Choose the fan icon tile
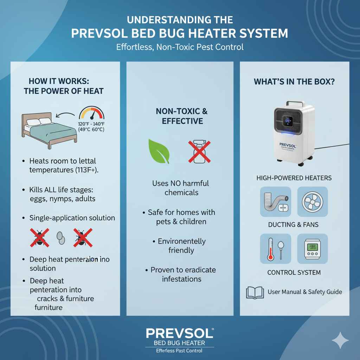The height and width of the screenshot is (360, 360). point(312,201)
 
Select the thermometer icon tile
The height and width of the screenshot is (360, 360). point(275,249)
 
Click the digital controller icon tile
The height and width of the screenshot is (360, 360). point(312,249)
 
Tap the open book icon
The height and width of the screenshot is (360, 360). point(255,292)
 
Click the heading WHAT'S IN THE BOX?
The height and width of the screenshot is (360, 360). point(294,82)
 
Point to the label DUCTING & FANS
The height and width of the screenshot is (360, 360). point(294,225)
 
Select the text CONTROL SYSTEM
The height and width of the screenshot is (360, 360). point(294,272)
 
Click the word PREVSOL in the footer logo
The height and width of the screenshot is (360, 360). point(179,333)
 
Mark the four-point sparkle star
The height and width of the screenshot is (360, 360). point(340,340)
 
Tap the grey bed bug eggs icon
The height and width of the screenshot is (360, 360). point(60,238)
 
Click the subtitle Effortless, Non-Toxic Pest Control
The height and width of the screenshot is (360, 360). point(180,47)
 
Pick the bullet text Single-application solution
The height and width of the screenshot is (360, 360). point(72,218)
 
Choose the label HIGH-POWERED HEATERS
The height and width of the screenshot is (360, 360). point(294,178)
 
